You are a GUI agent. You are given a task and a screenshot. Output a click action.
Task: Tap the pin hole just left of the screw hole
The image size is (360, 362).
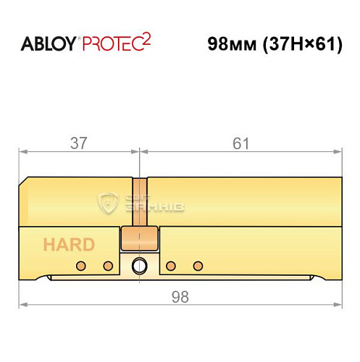pos(108,266)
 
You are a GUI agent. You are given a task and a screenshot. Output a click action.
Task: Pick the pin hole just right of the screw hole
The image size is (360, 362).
pos(171,266)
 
